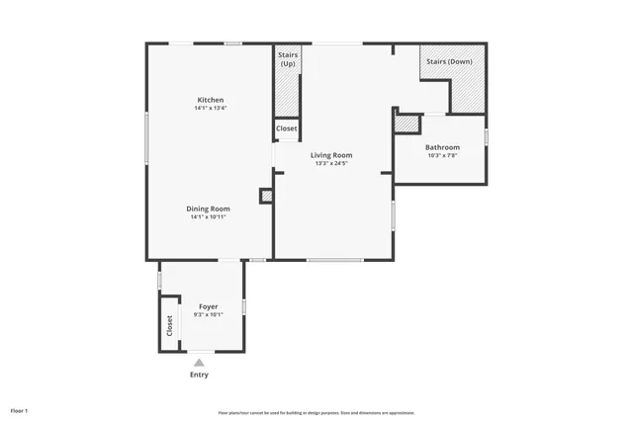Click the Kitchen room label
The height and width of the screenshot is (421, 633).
tap(211, 100)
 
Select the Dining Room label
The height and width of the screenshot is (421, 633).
tap(209, 209)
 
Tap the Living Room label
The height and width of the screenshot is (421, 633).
tap(331, 155)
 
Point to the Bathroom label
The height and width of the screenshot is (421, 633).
tap(443, 147)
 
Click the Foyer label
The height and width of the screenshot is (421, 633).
tap(208, 306)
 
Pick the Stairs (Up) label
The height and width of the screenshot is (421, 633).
tap(288, 59)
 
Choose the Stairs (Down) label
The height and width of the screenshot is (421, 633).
tap(449, 61)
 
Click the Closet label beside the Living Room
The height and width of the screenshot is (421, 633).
tap(286, 128)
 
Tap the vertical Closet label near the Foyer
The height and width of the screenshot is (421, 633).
tap(169, 325)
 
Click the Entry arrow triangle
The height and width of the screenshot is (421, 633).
tap(199, 363)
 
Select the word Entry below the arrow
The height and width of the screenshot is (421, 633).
tap(199, 375)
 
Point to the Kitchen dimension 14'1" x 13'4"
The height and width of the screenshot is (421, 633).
tap(211, 108)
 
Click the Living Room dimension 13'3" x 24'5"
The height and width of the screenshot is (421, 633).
tap(331, 163)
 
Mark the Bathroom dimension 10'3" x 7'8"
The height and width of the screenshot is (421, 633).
tap(443, 155)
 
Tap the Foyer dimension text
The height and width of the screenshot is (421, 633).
tap(208, 314)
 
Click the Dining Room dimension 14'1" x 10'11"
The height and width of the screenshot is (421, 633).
tap(209, 216)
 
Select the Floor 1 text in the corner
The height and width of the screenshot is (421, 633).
tap(20, 410)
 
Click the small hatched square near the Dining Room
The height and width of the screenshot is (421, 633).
tap(266, 196)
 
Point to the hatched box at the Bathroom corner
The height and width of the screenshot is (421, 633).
tap(407, 124)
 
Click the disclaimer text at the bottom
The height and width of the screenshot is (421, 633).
tap(316, 413)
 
